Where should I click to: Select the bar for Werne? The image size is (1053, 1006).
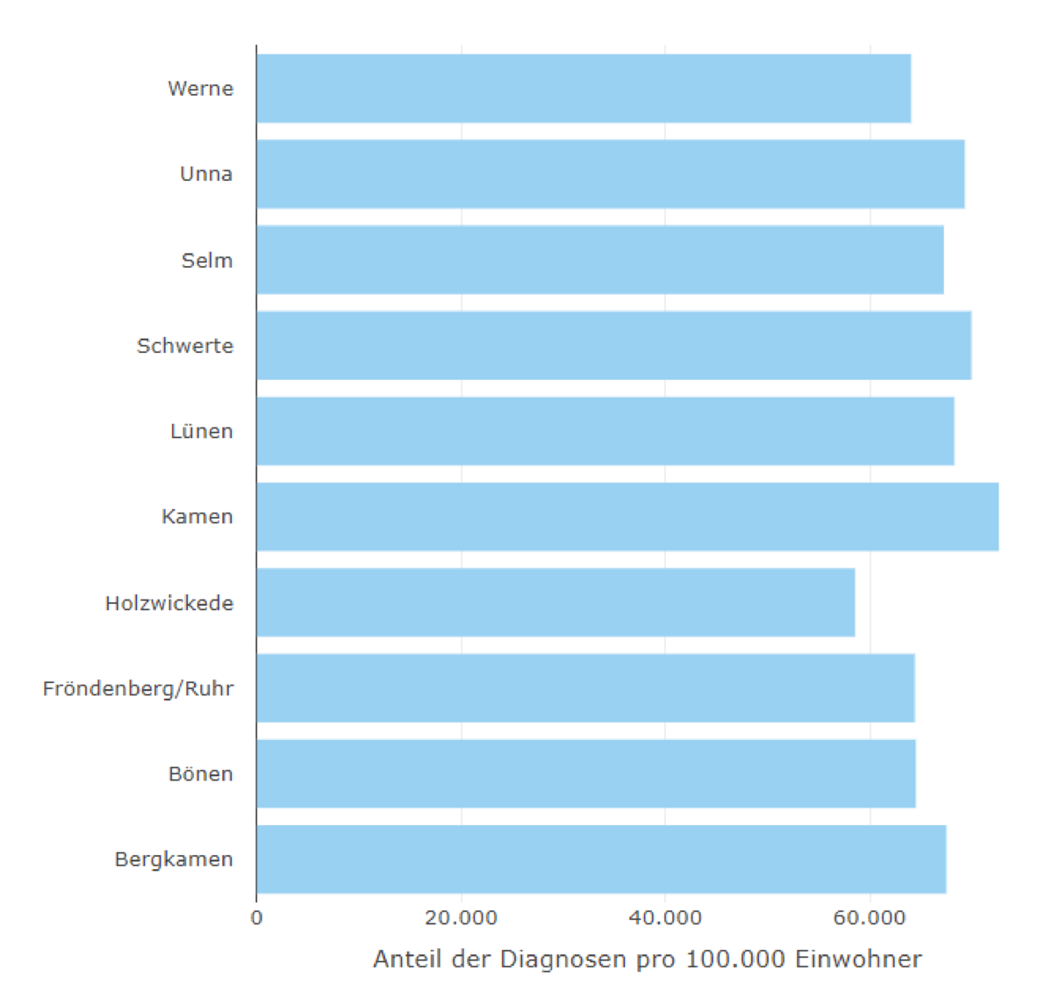[584, 88]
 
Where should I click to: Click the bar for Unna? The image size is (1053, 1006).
[610, 174]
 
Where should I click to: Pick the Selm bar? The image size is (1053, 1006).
[600, 260]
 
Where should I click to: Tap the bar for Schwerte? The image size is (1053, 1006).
[613, 345]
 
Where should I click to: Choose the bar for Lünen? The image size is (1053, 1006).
[605, 431]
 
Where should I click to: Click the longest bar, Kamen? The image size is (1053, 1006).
[627, 516]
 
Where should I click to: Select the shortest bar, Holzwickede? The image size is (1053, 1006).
[555, 602]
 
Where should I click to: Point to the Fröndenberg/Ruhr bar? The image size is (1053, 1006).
[585, 688]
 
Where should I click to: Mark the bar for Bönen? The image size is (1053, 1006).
[586, 773]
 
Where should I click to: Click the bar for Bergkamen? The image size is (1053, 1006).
[601, 859]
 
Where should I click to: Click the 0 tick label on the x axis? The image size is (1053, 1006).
[256, 918]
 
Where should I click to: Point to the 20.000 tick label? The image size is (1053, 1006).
[461, 918]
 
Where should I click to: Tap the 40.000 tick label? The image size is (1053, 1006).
[665, 918]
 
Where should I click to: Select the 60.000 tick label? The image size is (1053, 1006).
[870, 918]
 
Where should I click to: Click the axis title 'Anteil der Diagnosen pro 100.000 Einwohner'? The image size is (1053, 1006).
[648, 959]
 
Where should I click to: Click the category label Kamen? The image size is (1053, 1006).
[197, 517]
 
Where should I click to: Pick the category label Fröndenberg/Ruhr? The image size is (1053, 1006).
[138, 689]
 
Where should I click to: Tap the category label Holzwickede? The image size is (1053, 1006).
[169, 603]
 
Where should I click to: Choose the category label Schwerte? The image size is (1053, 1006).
[185, 346]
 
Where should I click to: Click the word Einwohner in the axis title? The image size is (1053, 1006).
[858, 959]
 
